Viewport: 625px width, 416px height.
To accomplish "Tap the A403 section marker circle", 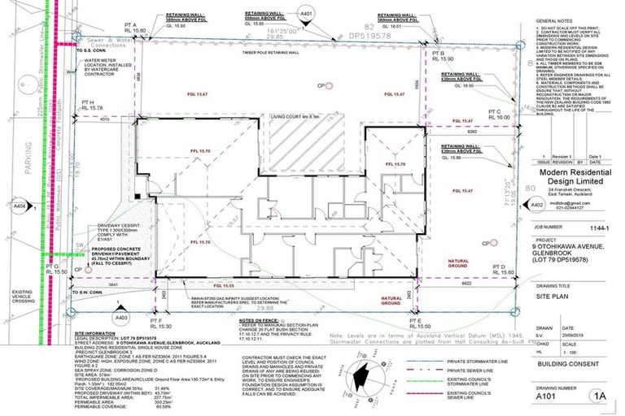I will pyautogui.click(x=122, y=318).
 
